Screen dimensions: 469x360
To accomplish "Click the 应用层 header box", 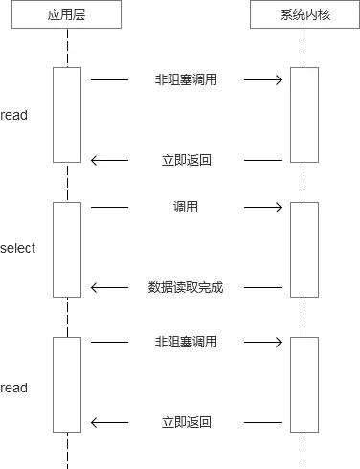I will tap(68, 15).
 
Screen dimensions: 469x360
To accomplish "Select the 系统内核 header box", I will tap(304, 15).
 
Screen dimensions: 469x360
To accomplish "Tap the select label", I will tap(18, 248).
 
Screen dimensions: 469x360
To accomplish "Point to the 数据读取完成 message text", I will tap(186, 287).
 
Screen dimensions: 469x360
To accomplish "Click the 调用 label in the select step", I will tap(186, 207).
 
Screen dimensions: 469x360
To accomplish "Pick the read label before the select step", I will tap(14, 115).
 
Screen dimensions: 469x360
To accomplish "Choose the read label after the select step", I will tap(14, 388).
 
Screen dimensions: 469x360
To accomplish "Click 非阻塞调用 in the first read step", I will tap(186, 80).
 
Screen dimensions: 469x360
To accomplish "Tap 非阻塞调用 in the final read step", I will tap(186, 342).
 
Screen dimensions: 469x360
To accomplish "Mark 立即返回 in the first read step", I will tap(186, 161).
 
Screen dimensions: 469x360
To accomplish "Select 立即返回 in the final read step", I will tap(186, 422).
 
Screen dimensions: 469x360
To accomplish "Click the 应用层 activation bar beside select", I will tap(67, 249).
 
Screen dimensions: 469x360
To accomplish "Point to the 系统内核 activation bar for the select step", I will tap(304, 249).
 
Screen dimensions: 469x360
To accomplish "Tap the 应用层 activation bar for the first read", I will tap(67, 115).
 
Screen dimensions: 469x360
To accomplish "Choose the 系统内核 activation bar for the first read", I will tap(304, 115).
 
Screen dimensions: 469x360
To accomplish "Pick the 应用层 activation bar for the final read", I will tap(67, 385).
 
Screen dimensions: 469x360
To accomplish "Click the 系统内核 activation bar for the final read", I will tap(304, 385).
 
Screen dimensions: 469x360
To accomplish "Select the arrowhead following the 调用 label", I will tap(279, 207).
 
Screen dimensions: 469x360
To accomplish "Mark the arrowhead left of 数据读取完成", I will tap(95, 287).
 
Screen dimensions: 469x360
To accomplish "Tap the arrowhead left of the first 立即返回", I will tap(95, 161).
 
